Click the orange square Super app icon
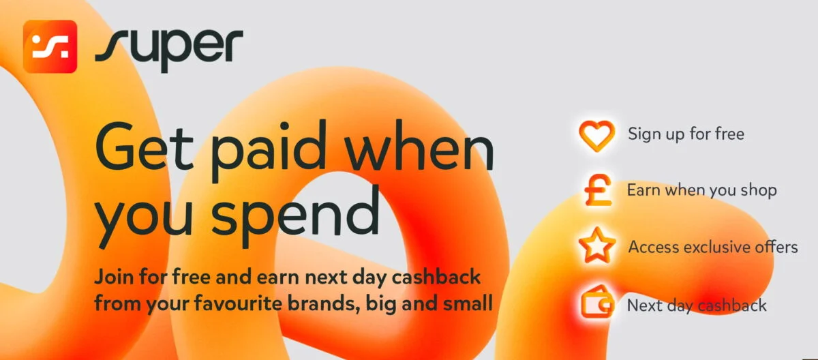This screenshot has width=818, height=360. click(x=50, y=46)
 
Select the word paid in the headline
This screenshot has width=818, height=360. click(x=269, y=151)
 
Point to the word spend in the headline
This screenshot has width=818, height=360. click(x=295, y=215)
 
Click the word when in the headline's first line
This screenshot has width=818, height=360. click(x=420, y=148)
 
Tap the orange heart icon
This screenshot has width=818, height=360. click(x=596, y=136)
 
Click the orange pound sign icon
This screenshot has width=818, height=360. click(x=598, y=190)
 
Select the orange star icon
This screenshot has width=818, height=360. click(x=597, y=245)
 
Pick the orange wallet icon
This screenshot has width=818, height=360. click(x=597, y=302)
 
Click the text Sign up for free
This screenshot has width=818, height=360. click(x=686, y=134)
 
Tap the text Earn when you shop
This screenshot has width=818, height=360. click(x=702, y=191)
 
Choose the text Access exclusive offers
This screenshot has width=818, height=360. click(x=713, y=247)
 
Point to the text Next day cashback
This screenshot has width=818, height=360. click(x=697, y=305)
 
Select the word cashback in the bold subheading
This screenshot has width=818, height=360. click(x=436, y=276)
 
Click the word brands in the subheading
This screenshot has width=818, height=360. click(x=324, y=303)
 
